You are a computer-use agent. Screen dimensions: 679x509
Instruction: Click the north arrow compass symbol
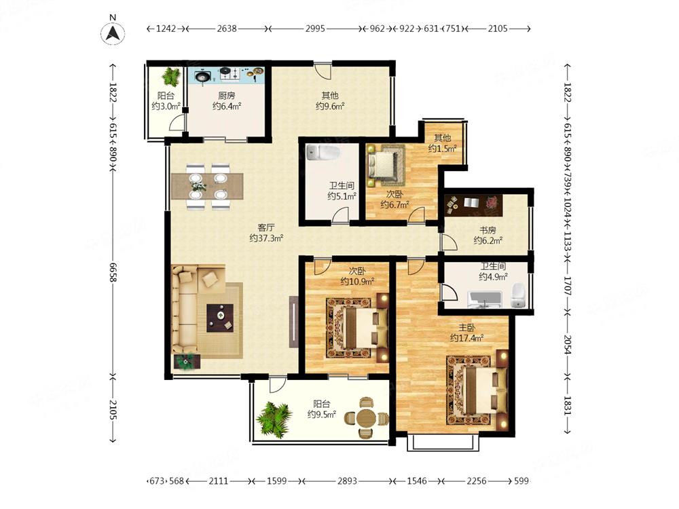tap(113, 33)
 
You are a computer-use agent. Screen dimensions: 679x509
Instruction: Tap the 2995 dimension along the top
tap(315, 29)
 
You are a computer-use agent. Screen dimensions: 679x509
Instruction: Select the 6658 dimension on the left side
tap(113, 272)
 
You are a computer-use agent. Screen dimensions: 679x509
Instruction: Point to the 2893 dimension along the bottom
tap(347, 481)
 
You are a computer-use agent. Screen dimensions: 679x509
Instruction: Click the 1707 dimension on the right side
tap(568, 286)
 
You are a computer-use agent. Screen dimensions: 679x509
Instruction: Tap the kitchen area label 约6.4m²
tap(227, 106)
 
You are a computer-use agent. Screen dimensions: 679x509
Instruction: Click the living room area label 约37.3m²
tap(266, 238)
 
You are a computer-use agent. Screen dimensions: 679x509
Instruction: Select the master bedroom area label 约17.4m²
tap(467, 338)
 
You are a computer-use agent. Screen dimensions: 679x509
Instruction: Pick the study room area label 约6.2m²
tap(488, 241)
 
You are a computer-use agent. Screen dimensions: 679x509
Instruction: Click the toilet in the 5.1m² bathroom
tap(323, 152)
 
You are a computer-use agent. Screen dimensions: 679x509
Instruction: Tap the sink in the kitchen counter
tap(202, 77)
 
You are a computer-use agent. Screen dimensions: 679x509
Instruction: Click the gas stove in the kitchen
tap(230, 74)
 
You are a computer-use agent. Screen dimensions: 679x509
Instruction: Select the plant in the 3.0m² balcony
tap(170, 77)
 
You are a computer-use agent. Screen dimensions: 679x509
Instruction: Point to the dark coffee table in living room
tap(220, 318)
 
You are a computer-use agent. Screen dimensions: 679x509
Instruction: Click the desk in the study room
tap(474, 205)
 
